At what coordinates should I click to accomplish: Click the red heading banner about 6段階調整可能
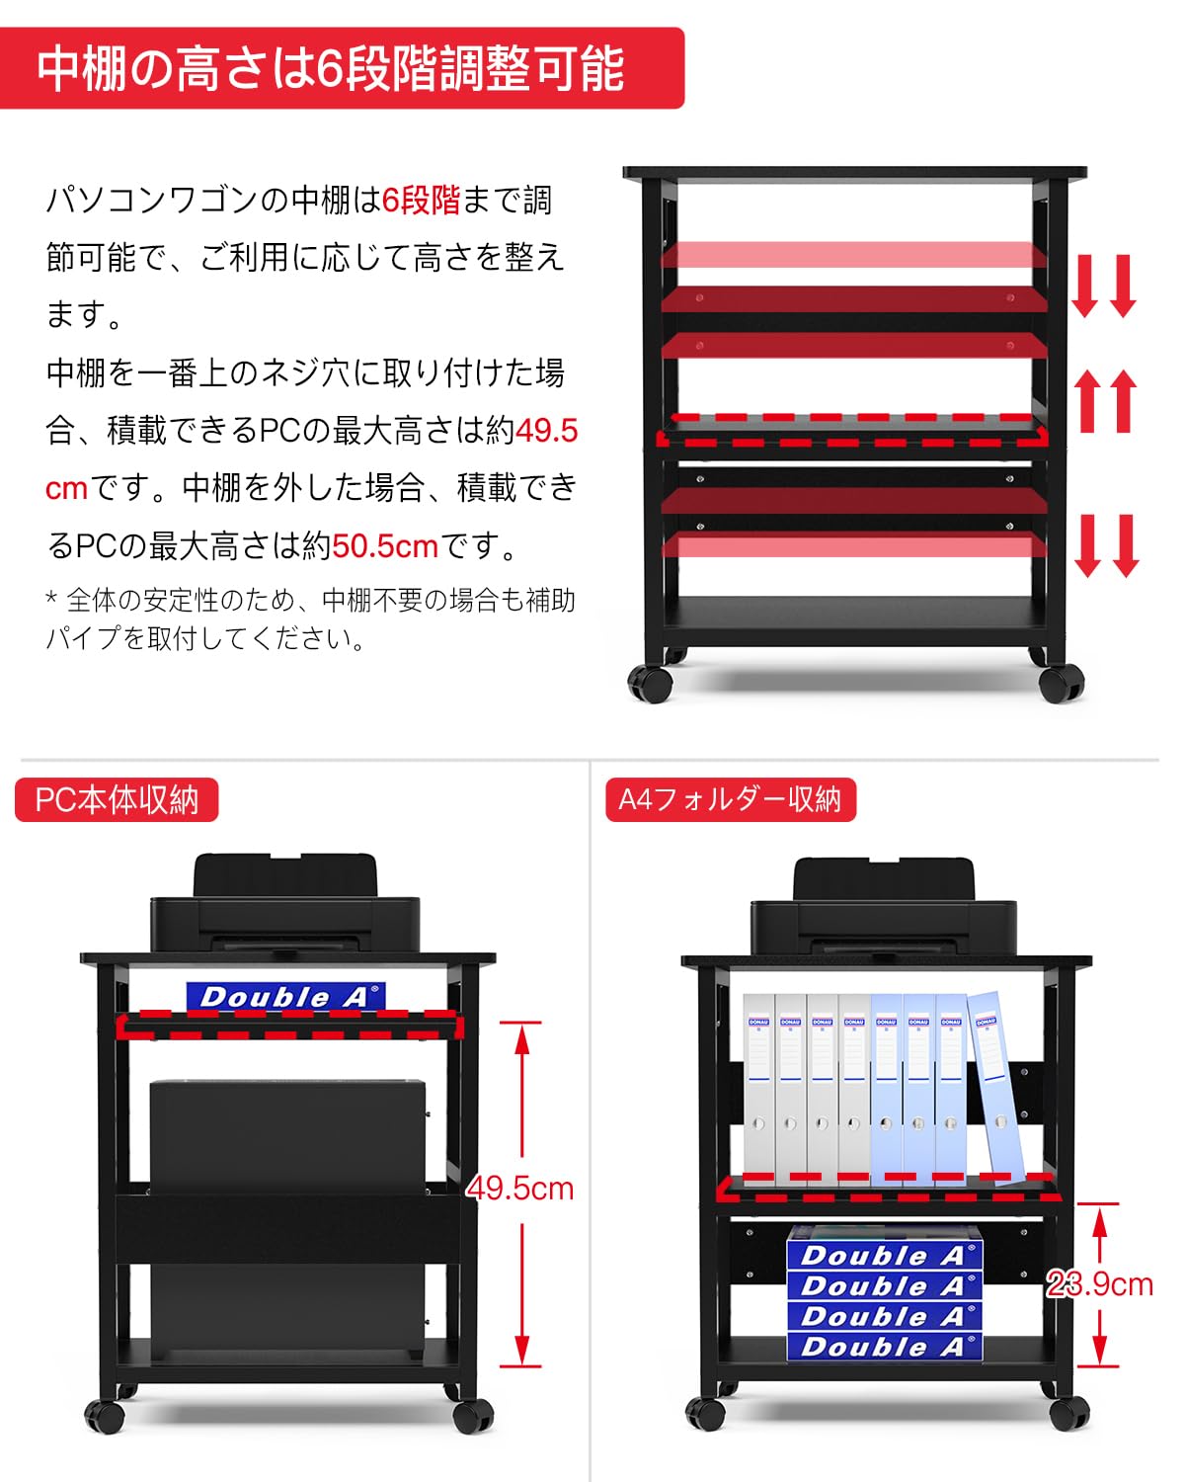pos(341,67)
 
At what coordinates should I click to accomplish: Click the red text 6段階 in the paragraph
pos(422,201)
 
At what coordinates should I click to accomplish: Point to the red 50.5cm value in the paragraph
pos(385,545)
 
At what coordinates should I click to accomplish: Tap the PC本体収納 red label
pos(117,799)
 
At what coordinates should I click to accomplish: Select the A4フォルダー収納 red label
pos(730,799)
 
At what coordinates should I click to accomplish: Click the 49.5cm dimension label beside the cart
pos(520,1188)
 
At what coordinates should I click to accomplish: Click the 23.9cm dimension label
pos(1100,1283)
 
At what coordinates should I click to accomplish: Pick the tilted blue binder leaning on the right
pos(995,1087)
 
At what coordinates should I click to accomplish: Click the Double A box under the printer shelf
pos(284,996)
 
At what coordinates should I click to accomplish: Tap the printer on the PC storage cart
pos(284,909)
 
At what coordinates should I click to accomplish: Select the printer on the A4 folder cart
pos(884,911)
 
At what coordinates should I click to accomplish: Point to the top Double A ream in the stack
pos(884,1255)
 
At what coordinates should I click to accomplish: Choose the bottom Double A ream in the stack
pos(884,1346)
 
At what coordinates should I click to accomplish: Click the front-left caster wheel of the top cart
pos(651,684)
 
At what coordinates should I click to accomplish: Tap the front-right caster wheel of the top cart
pos(1062,683)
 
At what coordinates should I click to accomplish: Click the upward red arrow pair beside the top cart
pos(1106,400)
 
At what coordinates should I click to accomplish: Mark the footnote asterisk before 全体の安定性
pos(51,599)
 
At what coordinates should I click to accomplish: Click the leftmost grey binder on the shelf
pos(758,1087)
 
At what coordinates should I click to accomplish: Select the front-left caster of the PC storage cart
pos(105,1416)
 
